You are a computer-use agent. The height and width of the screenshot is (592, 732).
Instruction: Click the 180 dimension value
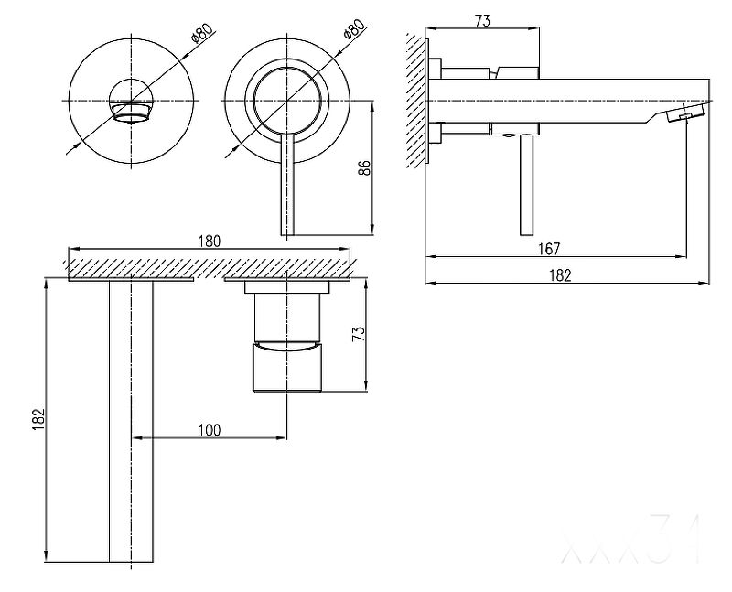point(210,242)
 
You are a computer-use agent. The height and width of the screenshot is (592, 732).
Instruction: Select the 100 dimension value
point(210,429)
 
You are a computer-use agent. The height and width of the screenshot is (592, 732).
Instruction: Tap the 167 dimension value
point(549,248)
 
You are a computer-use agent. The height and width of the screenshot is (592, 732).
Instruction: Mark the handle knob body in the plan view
point(287,366)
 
